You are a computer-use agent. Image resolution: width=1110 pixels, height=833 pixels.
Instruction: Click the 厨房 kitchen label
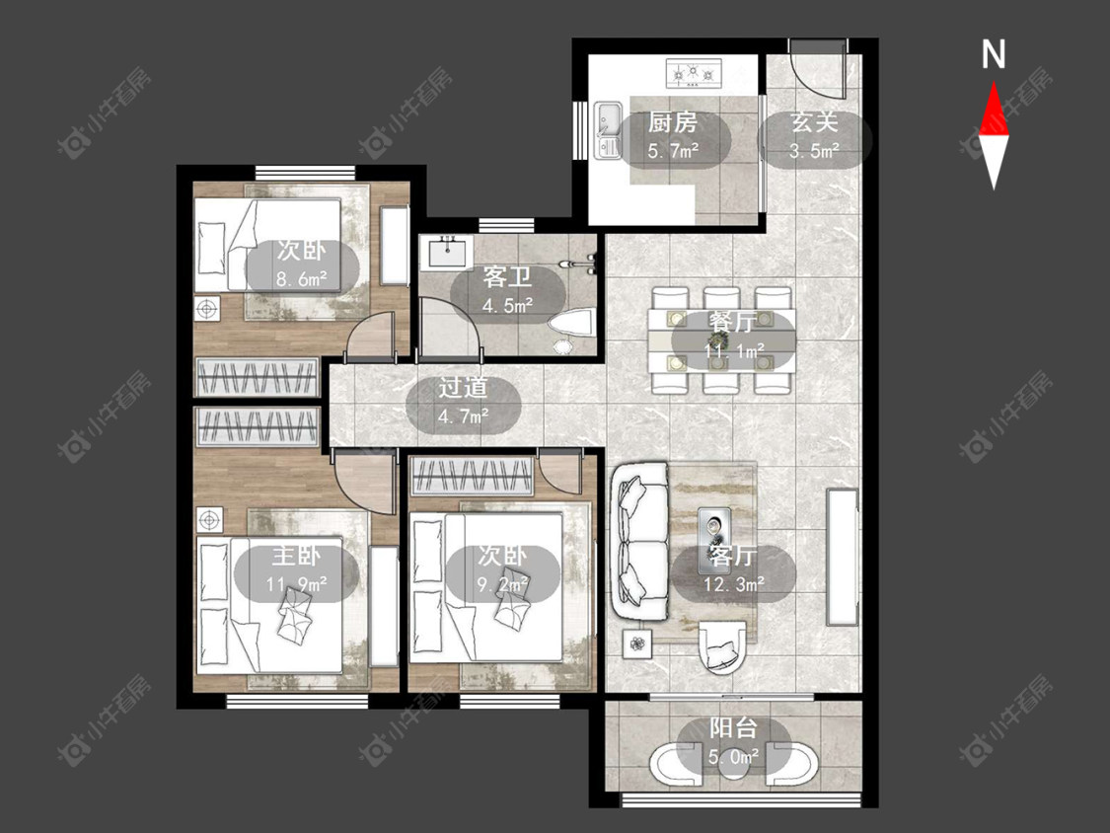pyautogui.click(x=673, y=122)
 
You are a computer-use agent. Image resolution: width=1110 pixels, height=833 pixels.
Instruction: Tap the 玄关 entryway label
pyautogui.click(x=814, y=122)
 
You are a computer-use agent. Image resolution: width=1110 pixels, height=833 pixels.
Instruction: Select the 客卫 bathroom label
pyautogui.click(x=507, y=276)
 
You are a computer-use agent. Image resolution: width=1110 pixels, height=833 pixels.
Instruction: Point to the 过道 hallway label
pyautogui.click(x=463, y=388)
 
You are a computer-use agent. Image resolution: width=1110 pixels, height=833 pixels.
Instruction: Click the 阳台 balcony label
pyautogui.click(x=733, y=728)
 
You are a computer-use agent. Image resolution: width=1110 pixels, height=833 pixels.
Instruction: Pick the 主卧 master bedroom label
pyautogui.click(x=297, y=556)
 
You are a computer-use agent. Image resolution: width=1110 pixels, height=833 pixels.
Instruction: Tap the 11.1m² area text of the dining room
pyautogui.click(x=734, y=350)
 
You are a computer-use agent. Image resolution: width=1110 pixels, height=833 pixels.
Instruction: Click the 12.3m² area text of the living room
pyautogui.click(x=734, y=584)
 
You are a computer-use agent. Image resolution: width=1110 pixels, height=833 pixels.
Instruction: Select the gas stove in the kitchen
pyautogui.click(x=694, y=73)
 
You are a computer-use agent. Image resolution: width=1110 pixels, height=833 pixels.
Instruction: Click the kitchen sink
pyautogui.click(x=608, y=129)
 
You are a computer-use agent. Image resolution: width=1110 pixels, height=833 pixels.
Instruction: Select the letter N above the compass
pyautogui.click(x=994, y=54)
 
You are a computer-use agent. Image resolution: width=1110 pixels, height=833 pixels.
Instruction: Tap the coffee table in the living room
pyautogui.click(x=712, y=541)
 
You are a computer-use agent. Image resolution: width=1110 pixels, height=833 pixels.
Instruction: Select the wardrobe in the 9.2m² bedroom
pyautogui.click(x=473, y=476)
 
